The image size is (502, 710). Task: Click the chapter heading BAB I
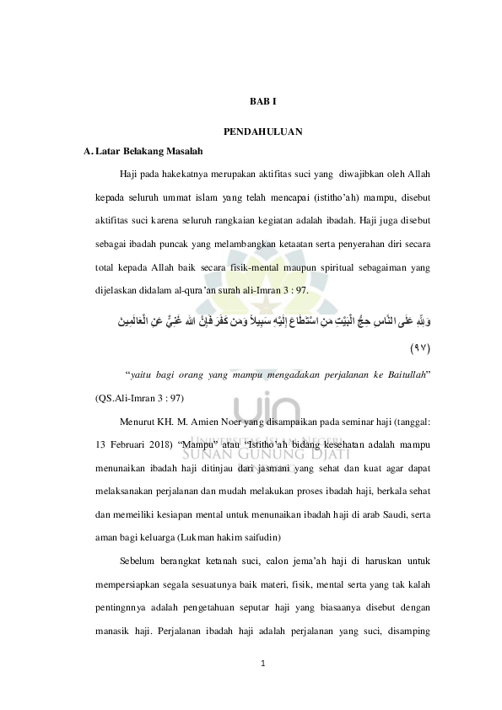pos(262,101)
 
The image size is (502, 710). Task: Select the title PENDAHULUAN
pos(262,133)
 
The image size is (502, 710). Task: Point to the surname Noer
pos(227,420)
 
